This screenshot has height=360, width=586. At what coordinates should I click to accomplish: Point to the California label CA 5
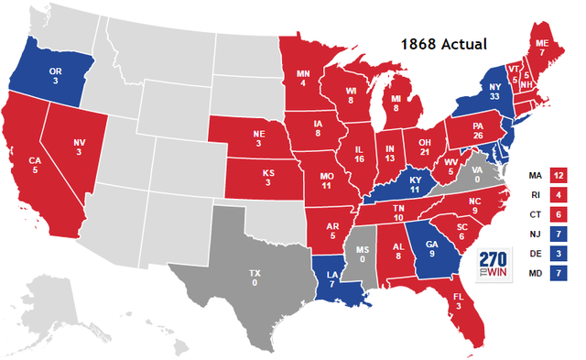coord(35,166)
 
